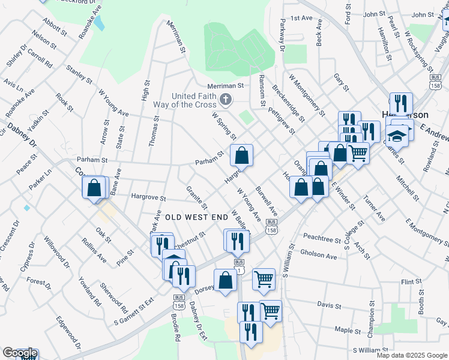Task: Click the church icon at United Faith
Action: (226, 100)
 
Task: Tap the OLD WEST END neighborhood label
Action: (196, 216)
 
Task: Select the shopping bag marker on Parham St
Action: (241, 155)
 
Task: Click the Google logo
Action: (19, 353)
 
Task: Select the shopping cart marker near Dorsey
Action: (264, 278)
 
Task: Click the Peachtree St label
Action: (322, 239)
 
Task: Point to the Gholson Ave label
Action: (319, 255)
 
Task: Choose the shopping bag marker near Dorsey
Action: (225, 280)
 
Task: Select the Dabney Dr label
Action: (22, 136)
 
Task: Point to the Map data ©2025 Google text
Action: (411, 355)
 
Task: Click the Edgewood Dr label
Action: (68, 334)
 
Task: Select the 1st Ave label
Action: (301, 19)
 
